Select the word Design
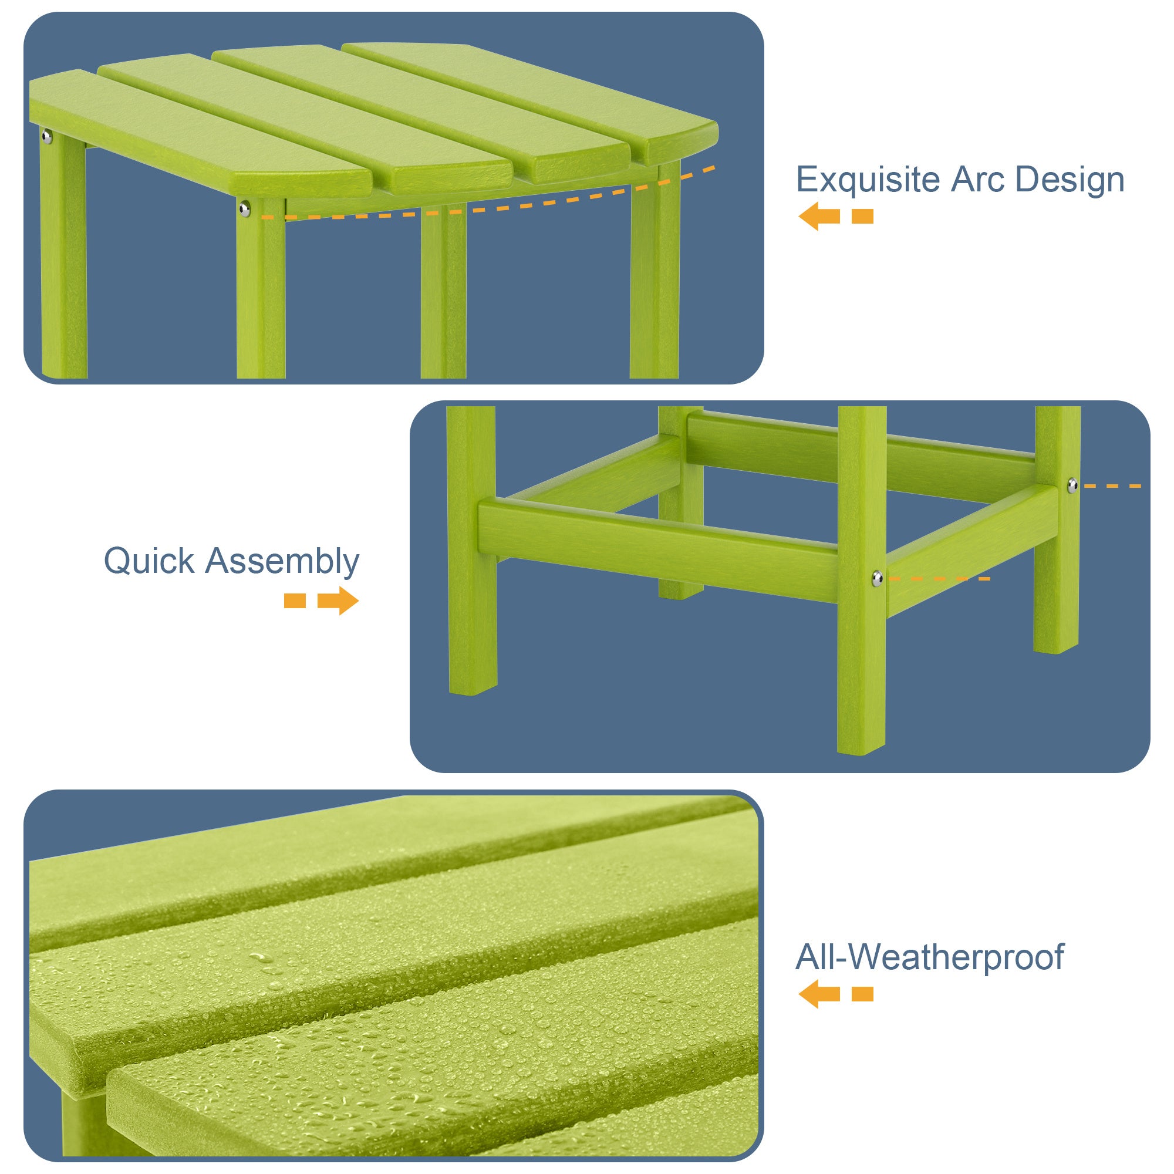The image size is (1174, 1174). click(1070, 180)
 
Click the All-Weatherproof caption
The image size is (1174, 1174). click(930, 957)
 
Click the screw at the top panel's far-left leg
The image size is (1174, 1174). click(47, 137)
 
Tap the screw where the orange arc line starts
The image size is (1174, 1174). click(244, 210)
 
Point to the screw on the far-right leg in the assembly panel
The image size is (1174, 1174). click(1073, 485)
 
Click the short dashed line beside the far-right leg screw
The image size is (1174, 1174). click(1112, 486)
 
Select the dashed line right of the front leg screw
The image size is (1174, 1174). click(939, 579)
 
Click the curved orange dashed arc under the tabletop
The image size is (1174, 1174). click(486, 208)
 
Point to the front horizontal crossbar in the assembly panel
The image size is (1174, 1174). click(656, 547)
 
